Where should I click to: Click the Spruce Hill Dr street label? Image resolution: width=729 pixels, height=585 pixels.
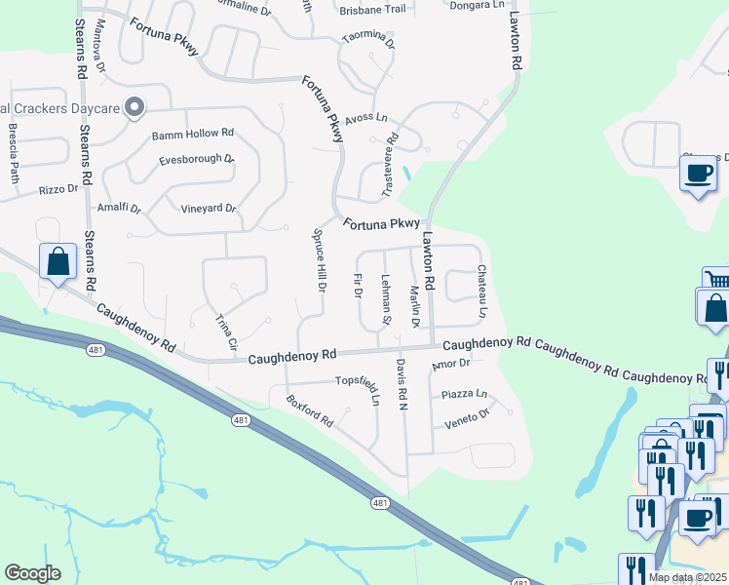pyautogui.click(x=319, y=260)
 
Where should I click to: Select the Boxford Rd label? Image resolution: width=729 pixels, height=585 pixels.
pyautogui.click(x=310, y=409)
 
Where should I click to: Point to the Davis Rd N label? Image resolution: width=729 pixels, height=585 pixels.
pyautogui.click(x=401, y=384)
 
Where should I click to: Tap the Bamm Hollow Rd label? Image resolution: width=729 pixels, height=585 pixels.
pyautogui.click(x=193, y=133)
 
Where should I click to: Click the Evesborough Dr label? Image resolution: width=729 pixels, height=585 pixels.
pyautogui.click(x=196, y=159)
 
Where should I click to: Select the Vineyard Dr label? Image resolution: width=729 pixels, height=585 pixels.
pyautogui.click(x=209, y=209)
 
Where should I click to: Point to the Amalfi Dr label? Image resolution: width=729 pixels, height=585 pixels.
pyautogui.click(x=119, y=209)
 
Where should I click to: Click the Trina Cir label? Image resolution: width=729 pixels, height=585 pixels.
pyautogui.click(x=226, y=331)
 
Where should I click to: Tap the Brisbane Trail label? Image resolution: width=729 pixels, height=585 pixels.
pyautogui.click(x=372, y=10)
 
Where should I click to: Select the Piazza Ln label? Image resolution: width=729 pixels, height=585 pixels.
pyautogui.click(x=464, y=394)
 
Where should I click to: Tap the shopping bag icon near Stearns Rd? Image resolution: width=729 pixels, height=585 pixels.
pyautogui.click(x=58, y=261)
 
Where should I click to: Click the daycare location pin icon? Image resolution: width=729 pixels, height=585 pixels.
pyautogui.click(x=135, y=107)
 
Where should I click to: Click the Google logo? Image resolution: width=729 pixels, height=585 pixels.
pyautogui.click(x=32, y=573)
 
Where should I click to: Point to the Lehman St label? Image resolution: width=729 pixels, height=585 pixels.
pyautogui.click(x=386, y=300)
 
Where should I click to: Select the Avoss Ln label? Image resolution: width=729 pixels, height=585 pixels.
pyautogui.click(x=366, y=119)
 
